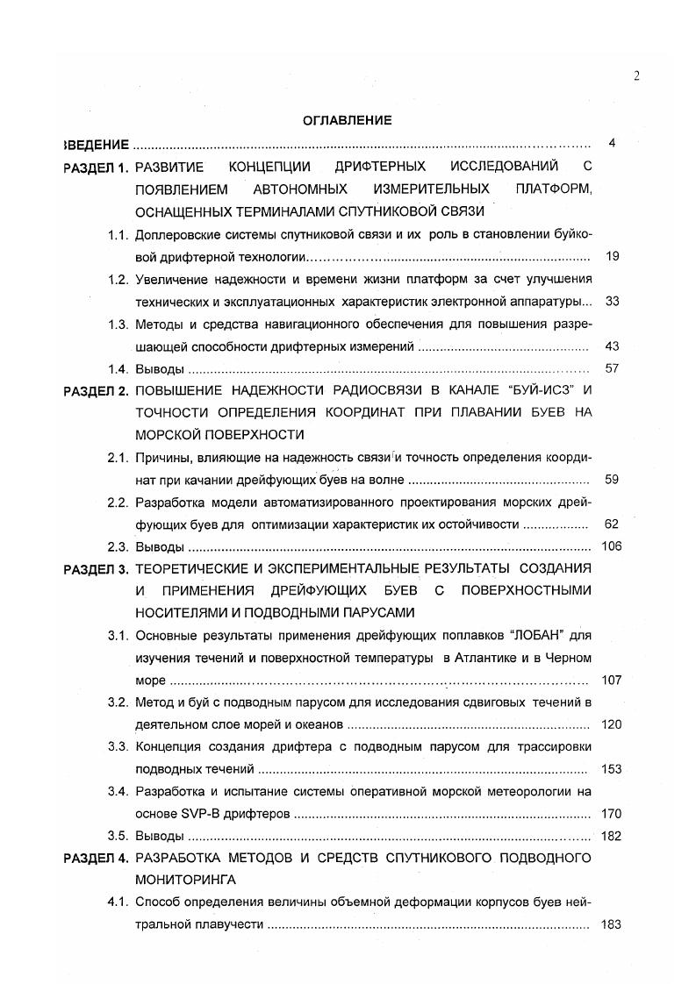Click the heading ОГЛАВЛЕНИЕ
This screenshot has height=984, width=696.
348,121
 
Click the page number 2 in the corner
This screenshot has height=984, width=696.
636,76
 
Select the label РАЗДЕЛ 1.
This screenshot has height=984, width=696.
97,167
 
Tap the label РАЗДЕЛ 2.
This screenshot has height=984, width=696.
97,390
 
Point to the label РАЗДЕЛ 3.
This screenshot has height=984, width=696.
97,569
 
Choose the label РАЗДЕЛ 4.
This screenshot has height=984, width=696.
97,857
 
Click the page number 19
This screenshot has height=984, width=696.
612,257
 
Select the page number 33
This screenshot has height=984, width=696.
612,302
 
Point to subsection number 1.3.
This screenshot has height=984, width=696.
118,324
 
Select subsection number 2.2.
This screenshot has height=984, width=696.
118,503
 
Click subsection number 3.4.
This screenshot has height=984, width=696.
118,792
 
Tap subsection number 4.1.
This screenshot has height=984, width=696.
118,902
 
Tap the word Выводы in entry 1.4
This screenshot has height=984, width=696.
159,369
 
